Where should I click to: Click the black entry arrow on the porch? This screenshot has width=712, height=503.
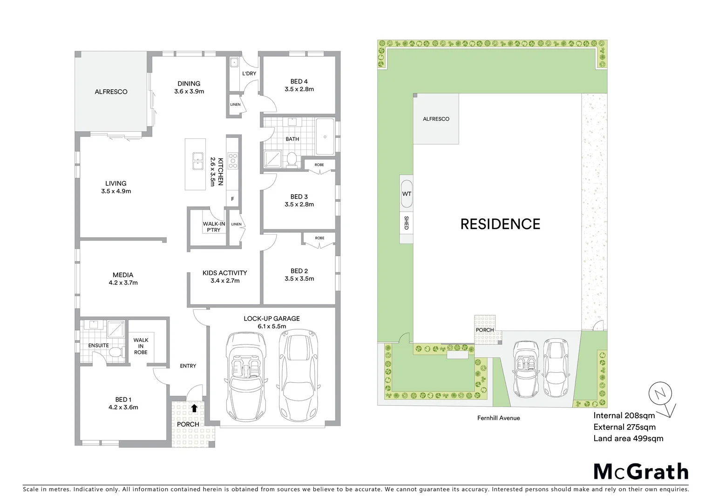(194, 408)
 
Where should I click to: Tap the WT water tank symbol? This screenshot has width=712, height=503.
(407, 194)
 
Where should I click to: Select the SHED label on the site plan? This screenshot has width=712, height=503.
(406, 223)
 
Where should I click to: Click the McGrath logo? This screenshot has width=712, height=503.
(641, 472)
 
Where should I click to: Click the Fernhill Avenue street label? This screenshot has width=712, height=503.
(498, 418)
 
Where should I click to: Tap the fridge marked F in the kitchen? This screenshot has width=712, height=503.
(233, 199)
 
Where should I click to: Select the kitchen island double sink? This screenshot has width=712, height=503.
(197, 161)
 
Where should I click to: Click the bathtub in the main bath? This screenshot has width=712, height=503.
(325, 136)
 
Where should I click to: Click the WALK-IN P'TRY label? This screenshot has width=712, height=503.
(214, 227)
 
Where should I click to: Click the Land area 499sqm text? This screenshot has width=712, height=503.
(628, 438)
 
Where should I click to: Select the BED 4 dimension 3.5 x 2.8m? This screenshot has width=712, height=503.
(299, 89)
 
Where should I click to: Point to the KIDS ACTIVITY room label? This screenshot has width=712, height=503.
(224, 273)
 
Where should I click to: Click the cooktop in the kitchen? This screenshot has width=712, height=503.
(232, 161)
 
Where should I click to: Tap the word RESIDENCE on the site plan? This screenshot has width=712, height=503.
(500, 224)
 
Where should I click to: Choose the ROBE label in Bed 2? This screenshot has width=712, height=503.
(319, 238)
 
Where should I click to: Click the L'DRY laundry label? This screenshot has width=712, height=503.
(249, 74)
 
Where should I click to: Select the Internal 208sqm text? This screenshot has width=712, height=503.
(624, 415)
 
